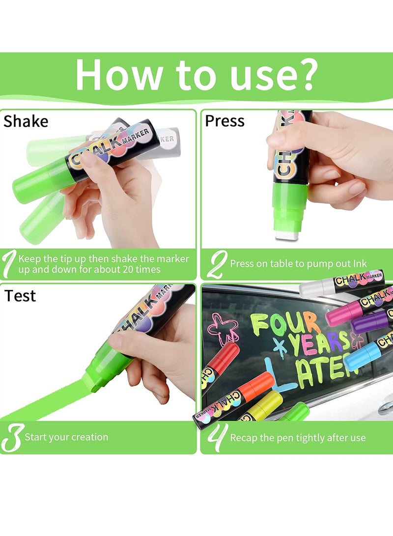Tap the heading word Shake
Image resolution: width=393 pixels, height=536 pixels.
click(26, 121)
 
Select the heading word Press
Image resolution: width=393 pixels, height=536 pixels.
click(225, 121)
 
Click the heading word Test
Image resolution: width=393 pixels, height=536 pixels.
click(20, 296)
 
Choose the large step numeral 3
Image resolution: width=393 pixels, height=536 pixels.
click(12, 437)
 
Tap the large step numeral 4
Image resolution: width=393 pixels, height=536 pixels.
click(214, 437)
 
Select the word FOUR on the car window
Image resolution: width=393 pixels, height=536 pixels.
click(285, 324)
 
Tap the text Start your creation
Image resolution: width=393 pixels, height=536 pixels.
click(66, 437)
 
